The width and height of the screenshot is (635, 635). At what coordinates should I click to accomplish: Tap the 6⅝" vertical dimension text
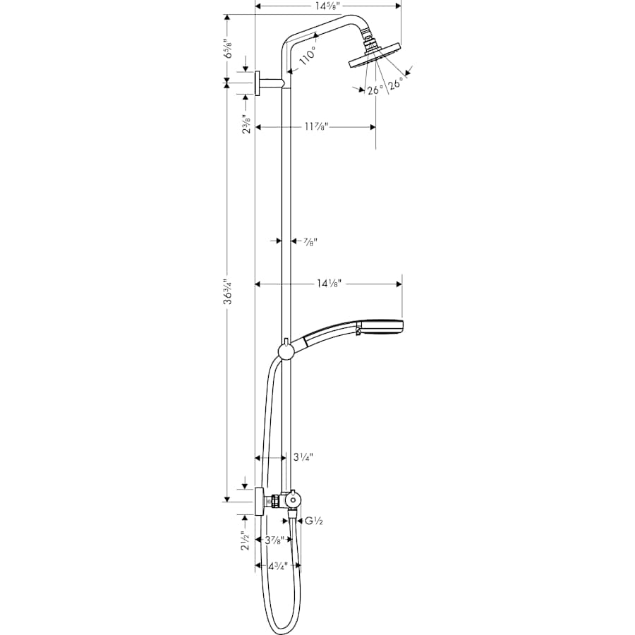(x=229, y=51)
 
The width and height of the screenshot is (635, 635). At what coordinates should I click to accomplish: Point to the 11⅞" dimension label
(x=315, y=127)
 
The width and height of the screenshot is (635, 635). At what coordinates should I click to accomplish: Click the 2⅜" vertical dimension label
(x=245, y=124)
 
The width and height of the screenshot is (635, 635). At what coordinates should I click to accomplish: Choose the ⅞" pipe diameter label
(x=310, y=241)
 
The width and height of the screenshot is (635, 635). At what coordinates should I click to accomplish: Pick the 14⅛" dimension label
(x=329, y=284)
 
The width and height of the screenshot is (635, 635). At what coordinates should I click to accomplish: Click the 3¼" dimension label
(x=303, y=457)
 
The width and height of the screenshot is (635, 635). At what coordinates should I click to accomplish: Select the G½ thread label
(x=313, y=521)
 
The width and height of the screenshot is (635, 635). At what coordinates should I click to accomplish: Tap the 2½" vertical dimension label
(x=245, y=540)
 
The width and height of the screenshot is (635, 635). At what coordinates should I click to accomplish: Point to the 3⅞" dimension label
(x=274, y=540)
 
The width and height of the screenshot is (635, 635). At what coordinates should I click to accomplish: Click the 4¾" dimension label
(x=277, y=566)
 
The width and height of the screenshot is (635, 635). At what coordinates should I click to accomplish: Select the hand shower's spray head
(x=385, y=327)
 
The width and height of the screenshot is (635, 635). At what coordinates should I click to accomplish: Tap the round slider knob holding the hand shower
(x=286, y=351)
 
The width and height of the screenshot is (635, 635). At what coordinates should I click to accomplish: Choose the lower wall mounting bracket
(x=259, y=502)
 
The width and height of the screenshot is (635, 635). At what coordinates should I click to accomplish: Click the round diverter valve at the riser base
(x=292, y=500)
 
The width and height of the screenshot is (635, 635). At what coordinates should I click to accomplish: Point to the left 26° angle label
(x=375, y=90)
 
